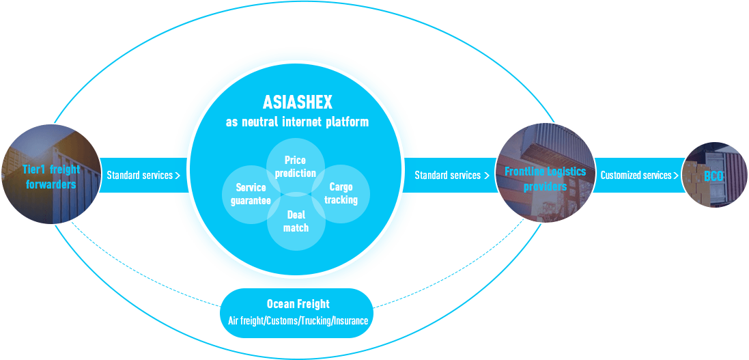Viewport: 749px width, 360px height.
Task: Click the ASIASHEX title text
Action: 297,102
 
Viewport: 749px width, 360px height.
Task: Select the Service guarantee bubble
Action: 251,194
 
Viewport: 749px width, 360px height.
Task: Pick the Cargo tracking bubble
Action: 341,193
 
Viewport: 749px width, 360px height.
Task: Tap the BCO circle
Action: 714,176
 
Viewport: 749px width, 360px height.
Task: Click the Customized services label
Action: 636,176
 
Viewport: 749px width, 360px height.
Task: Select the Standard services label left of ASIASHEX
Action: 139,176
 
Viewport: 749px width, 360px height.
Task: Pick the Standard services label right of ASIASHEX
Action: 447,176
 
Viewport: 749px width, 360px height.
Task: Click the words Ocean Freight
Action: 298,304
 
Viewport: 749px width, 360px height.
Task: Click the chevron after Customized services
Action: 676,176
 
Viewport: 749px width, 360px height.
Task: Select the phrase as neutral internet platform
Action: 297,122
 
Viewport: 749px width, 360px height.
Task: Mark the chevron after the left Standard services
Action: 178,176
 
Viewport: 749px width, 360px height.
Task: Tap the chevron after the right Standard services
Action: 487,176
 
